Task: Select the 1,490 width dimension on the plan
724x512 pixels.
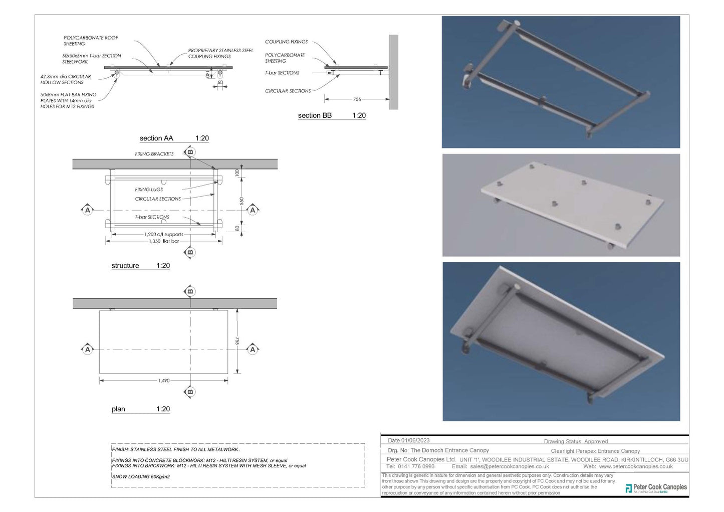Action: click(163, 381)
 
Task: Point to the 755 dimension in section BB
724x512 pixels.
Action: click(357, 99)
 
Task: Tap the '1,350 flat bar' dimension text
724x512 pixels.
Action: click(164, 241)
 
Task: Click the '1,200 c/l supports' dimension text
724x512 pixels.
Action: click(164, 234)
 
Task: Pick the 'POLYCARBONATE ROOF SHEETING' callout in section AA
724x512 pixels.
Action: click(91, 41)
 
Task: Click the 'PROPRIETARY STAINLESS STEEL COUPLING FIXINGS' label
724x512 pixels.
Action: click(220, 53)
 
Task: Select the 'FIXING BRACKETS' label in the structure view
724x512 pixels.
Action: click(154, 154)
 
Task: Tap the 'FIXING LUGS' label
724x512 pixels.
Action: click(149, 190)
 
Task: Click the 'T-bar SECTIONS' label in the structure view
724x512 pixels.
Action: click(152, 217)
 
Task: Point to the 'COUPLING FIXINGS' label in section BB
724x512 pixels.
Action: click(286, 42)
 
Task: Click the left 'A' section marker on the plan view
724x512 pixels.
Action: click(88, 349)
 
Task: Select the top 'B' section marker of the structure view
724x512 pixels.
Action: click(189, 151)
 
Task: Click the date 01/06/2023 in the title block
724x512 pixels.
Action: click(408, 440)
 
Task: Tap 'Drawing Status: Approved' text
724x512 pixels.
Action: click(576, 441)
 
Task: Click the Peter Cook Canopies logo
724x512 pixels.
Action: click(656, 488)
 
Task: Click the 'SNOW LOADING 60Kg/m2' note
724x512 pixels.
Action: click(141, 476)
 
